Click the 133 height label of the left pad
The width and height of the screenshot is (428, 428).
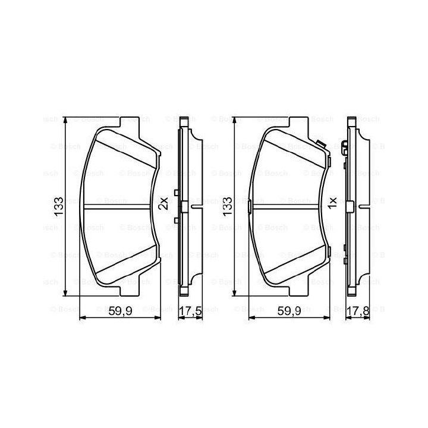tap(59, 207)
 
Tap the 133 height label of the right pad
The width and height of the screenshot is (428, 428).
tap(227, 207)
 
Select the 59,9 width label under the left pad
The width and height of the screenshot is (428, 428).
tap(120, 311)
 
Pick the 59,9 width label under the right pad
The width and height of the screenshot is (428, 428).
tap(289, 311)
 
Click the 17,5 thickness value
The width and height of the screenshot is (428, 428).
tap(191, 311)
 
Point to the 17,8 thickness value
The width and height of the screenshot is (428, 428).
tap(358, 311)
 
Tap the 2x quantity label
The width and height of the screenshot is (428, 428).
tap(164, 203)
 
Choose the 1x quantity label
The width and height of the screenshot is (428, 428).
tap(332, 203)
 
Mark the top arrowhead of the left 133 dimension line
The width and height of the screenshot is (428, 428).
tap(65, 120)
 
